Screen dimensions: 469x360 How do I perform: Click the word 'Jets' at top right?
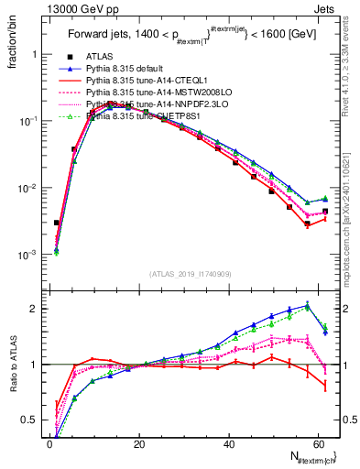[x=326, y=8]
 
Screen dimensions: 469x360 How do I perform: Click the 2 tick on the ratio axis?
[x=37, y=309]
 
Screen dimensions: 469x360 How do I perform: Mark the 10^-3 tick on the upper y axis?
[x=27, y=255]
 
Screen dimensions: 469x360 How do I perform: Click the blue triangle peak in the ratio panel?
[x=308, y=304]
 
